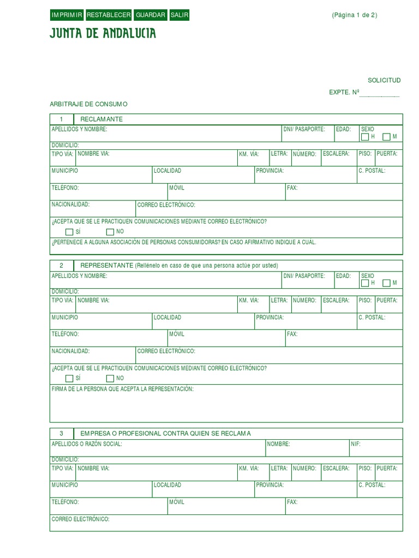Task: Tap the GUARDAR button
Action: coord(151,15)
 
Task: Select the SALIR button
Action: coord(179,15)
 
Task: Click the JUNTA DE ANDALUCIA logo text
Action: coord(103,34)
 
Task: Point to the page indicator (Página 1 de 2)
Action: coord(354,15)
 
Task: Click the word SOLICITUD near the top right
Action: coord(384,80)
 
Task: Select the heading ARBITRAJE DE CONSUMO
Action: coord(88,104)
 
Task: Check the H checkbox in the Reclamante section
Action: coord(365,137)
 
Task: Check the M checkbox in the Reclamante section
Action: coord(386,137)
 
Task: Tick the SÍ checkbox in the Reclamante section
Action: coord(69,232)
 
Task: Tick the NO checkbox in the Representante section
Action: coord(110,378)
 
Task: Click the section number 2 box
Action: coord(62,265)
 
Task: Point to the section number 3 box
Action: coord(62,433)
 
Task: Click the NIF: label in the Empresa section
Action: coord(356,444)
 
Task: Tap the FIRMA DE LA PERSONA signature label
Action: coord(122,389)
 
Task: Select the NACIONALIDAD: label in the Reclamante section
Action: coord(70,205)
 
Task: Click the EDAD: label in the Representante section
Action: coord(343,276)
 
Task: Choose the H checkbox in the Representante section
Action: coord(365,283)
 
